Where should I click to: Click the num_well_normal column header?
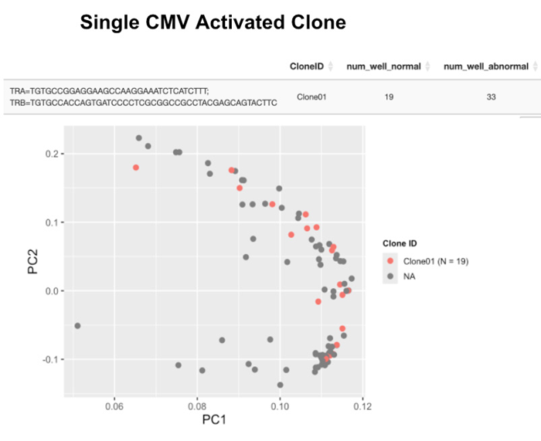(x=383, y=66)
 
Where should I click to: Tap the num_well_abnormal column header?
(x=485, y=66)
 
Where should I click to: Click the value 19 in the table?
(x=389, y=97)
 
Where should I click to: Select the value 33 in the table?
(x=490, y=97)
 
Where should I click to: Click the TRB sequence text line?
(x=143, y=103)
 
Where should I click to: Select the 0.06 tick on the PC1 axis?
(x=114, y=405)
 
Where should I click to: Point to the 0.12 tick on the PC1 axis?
(x=362, y=405)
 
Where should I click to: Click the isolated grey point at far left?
(x=77, y=326)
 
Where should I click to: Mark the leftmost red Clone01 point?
(x=136, y=168)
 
